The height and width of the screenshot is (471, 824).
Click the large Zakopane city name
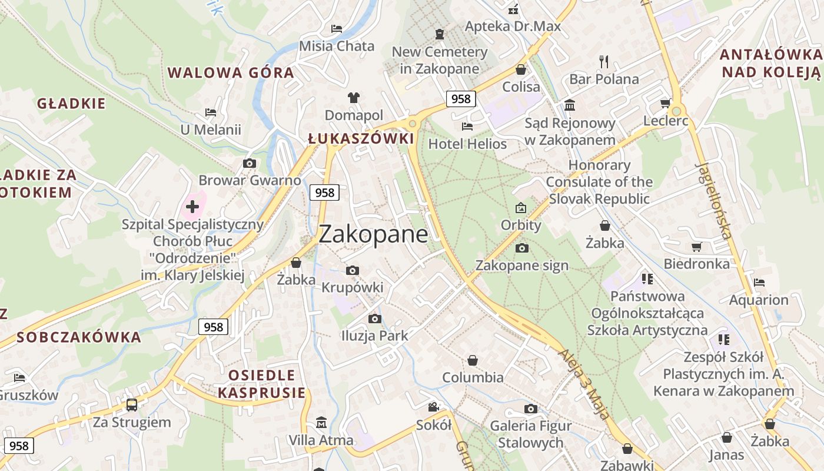coord(373,234)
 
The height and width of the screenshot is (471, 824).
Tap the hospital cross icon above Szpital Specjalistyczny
coord(192,207)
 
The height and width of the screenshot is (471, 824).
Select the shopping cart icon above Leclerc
coord(666,104)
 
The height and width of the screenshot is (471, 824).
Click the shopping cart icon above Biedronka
coord(696,247)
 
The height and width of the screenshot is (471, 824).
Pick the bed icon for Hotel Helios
coord(467,126)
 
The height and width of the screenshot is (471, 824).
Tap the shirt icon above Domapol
coord(354,97)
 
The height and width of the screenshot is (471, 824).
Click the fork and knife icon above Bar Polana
coord(604,61)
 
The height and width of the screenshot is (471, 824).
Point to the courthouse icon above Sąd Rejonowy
coord(570,105)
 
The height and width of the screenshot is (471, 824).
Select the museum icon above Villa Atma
coord(321,423)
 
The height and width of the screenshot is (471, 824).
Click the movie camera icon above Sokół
coord(434,407)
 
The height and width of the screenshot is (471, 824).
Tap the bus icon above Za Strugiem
coord(132,405)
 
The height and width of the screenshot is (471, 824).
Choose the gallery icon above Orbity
coord(521,208)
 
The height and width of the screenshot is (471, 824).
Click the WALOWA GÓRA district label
coord(231,73)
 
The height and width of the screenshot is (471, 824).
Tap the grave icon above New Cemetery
coord(440,34)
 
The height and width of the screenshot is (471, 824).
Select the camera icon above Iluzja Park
coord(374,319)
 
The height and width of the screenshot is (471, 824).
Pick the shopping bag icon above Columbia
coord(473,360)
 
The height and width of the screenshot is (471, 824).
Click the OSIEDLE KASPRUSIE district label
coord(261,384)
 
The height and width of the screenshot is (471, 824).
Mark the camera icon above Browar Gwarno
coord(250,163)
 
